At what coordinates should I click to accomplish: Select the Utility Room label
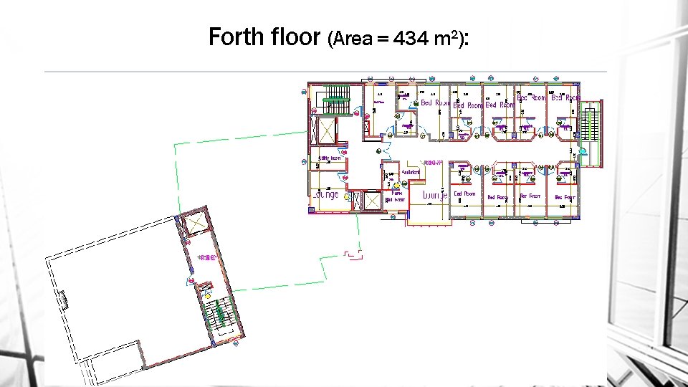[330, 158]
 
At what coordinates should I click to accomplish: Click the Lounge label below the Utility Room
[326, 194]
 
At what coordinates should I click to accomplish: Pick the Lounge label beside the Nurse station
[435, 195]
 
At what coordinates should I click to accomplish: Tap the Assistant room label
[410, 173]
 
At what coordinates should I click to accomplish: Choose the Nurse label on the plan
[396, 192]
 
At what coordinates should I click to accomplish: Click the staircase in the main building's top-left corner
[333, 98]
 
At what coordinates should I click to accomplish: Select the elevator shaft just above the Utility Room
[327, 132]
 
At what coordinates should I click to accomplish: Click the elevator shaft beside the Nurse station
[373, 201]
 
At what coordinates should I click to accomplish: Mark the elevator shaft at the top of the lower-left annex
[195, 224]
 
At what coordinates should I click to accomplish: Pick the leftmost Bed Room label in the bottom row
[464, 193]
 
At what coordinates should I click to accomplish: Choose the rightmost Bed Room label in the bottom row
[565, 197]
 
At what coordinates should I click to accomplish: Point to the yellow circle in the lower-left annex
[208, 295]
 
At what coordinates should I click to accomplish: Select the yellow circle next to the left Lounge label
[346, 195]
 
